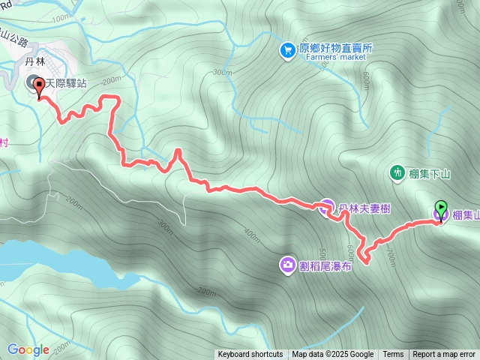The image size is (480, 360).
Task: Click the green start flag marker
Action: (440, 208)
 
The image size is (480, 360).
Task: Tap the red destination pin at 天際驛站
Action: (38, 88)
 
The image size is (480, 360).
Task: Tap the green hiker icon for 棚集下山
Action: (397, 173)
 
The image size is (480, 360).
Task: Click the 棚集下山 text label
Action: (430, 174)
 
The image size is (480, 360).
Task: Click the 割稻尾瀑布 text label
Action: (325, 265)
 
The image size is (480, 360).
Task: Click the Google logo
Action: (28, 349)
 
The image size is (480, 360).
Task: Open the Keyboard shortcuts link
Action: (250, 355)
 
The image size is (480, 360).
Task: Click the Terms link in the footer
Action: (393, 355)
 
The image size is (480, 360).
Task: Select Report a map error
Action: (444, 355)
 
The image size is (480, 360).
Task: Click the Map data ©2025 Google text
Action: (332, 355)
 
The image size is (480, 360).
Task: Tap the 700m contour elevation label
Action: (390, 256)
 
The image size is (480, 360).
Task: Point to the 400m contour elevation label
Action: (252, 236)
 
